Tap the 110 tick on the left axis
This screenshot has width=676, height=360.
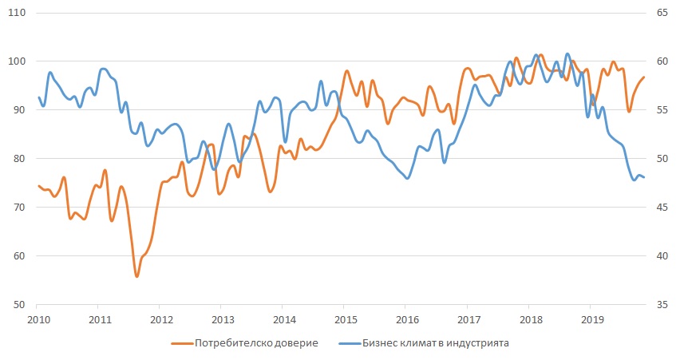(x=17, y=13)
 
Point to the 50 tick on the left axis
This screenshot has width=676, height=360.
(x=19, y=304)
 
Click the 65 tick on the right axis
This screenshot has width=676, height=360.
(x=662, y=13)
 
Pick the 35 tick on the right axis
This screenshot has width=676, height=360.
(x=662, y=304)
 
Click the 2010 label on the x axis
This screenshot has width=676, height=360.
(x=39, y=320)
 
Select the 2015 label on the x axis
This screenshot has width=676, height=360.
(x=346, y=320)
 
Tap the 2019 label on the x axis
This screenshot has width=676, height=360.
(x=592, y=320)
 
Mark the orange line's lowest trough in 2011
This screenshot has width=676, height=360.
(x=136, y=276)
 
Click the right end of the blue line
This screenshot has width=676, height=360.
(x=643, y=177)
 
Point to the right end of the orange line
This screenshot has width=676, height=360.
(x=644, y=77)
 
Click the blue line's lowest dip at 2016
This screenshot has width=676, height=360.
(x=408, y=178)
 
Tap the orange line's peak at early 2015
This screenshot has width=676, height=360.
(x=346, y=71)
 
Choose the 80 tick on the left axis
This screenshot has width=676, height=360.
(x=19, y=159)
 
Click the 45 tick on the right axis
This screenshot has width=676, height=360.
(x=662, y=208)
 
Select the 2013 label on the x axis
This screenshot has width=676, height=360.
(x=223, y=320)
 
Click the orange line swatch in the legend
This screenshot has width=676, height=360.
(x=182, y=343)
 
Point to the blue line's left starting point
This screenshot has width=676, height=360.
(x=39, y=97)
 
